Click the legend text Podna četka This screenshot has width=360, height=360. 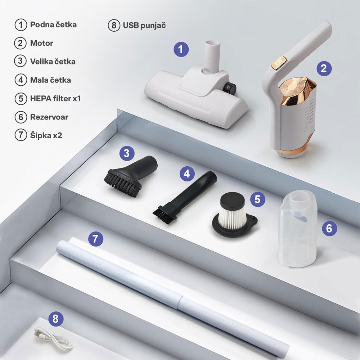pyautogui.click(x=53, y=25)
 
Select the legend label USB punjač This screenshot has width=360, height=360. pyautogui.click(x=144, y=26)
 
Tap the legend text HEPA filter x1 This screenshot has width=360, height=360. pyautogui.click(x=55, y=99)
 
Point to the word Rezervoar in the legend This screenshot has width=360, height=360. pyautogui.click(x=49, y=117)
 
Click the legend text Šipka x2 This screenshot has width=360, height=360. pyautogui.click(x=46, y=135)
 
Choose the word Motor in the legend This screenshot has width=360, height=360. pyautogui.click(x=41, y=43)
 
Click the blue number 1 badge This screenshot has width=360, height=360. pyautogui.click(x=181, y=49)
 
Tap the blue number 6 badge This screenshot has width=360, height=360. pyautogui.click(x=329, y=229)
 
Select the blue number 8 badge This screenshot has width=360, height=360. pyautogui.click(x=56, y=319)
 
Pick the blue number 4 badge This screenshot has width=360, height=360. pyautogui.click(x=187, y=174)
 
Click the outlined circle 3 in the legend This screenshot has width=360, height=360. pyautogui.click(x=21, y=61)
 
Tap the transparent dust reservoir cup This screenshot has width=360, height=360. pyautogui.click(x=298, y=229)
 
